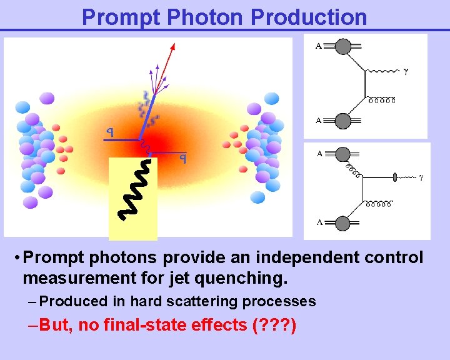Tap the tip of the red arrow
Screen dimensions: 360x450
174,44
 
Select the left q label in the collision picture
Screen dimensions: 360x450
109,132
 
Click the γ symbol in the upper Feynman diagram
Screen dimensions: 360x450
407,72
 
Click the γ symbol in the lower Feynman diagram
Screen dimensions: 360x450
421,177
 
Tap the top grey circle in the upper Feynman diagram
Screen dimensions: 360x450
342,47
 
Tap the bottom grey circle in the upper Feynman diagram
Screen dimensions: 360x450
342,121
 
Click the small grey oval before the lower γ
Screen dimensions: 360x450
395,177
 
